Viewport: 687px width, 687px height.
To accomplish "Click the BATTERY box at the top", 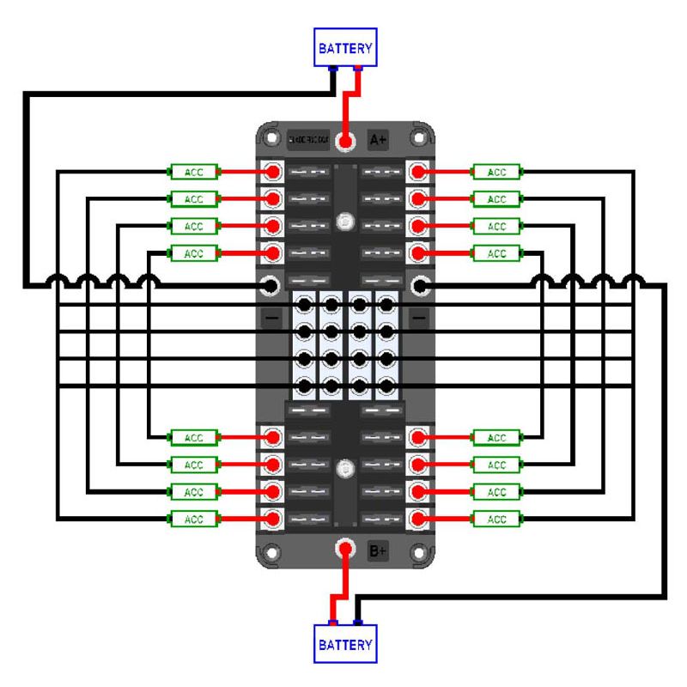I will click(346, 49).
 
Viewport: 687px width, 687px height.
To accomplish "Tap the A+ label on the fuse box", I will click(378, 139).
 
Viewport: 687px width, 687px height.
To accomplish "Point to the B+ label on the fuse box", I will click(378, 550).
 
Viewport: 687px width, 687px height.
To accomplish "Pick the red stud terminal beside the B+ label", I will click(346, 547).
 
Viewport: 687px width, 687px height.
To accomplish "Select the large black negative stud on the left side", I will click(271, 284).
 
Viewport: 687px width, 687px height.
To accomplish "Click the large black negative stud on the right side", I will click(420, 284).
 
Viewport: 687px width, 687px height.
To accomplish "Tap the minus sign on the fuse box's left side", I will click(271, 318).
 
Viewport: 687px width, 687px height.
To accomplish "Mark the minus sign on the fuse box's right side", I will click(418, 318).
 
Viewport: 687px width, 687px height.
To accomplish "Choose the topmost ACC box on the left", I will click(194, 172).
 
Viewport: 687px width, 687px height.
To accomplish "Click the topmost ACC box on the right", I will click(497, 172).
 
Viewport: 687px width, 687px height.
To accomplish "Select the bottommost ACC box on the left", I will click(194, 519).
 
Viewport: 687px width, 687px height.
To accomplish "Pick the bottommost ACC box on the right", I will click(497, 519).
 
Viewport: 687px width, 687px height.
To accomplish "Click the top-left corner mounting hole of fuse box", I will click(272, 137).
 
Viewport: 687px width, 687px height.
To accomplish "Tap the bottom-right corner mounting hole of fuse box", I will click(419, 552).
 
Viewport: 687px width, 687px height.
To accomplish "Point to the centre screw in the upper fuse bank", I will click(345, 219).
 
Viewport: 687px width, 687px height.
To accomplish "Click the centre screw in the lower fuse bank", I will click(345, 470).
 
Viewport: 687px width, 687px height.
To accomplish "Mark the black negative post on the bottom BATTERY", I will click(358, 623).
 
